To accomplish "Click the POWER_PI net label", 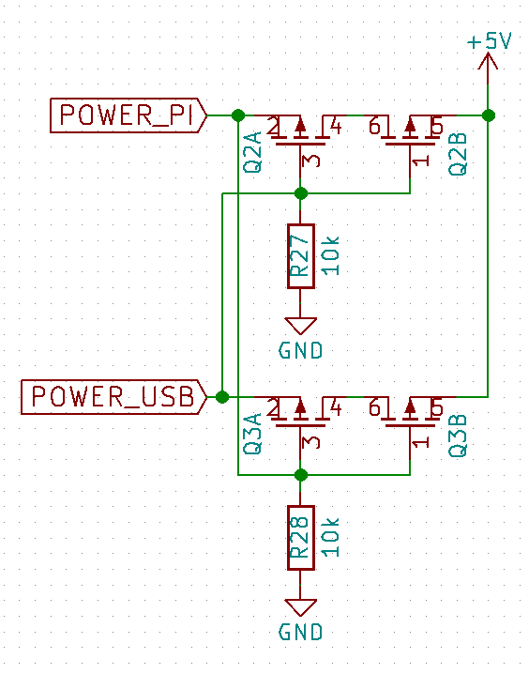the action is click(x=128, y=115).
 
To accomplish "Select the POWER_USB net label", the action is click(x=114, y=397).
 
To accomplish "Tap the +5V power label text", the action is click(x=490, y=41).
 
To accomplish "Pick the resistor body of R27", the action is click(x=300, y=255).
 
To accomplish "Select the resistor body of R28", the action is click(x=300, y=538).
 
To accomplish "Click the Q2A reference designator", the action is click(x=252, y=152).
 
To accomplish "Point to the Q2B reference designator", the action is click(x=458, y=153).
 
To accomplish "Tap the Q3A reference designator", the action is click(x=252, y=434).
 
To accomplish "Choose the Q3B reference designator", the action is click(x=458, y=435).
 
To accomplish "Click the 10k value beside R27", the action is click(x=330, y=255).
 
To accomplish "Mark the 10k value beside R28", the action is click(x=330, y=537).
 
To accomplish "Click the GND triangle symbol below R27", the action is click(x=300, y=326).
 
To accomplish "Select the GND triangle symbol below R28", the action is click(x=300, y=607).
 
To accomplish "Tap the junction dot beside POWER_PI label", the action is click(x=238, y=115).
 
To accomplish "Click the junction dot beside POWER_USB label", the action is click(x=222, y=397).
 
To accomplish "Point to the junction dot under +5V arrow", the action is click(x=489, y=115).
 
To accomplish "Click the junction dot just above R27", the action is click(x=301, y=193).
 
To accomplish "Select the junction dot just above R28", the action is click(x=301, y=475).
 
